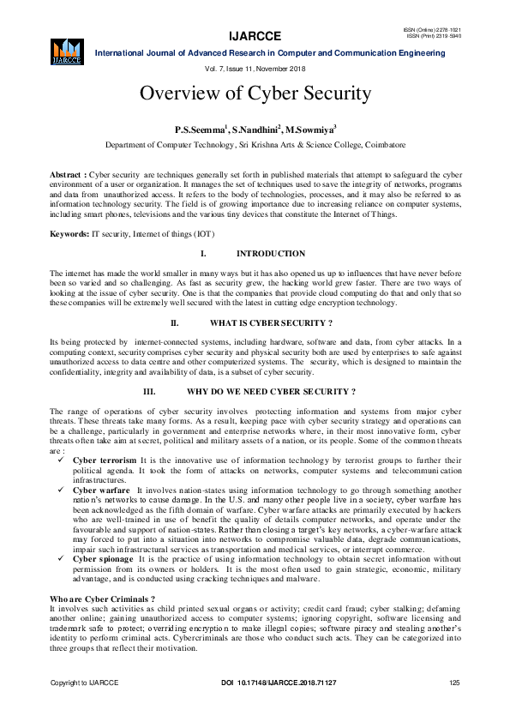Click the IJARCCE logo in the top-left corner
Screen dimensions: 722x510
67,50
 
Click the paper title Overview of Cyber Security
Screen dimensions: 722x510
255,93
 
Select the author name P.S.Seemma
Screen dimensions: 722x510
200,129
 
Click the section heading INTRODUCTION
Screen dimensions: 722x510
270,254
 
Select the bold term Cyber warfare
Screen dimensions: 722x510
102,490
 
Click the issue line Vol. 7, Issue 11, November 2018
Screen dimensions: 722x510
255,68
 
